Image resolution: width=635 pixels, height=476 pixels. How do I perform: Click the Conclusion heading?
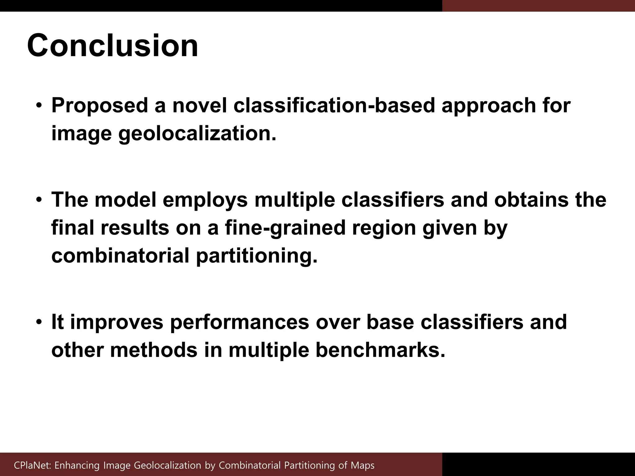(x=112, y=46)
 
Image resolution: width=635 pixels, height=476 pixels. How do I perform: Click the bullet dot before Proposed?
(x=38, y=106)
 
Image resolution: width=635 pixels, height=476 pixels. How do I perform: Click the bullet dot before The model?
(x=38, y=200)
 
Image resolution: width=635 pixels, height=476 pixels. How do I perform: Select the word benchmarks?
(x=380, y=350)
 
